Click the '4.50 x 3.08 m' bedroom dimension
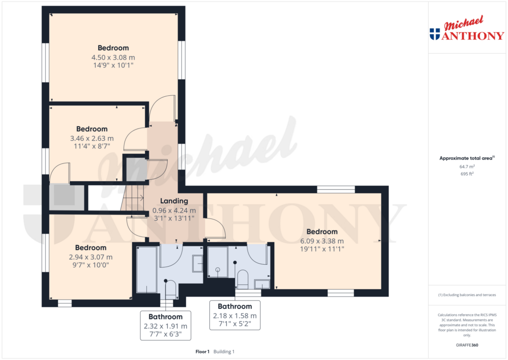point(113,58)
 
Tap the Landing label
point(174,201)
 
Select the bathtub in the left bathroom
point(147,270)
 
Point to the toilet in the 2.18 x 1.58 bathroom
point(243,280)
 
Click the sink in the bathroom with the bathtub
point(197,264)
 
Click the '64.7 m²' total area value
point(467,166)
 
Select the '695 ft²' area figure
point(467,174)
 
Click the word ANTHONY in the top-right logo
point(473,35)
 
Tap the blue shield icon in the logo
point(435,34)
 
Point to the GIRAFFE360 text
point(467,345)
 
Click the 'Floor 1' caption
point(202,352)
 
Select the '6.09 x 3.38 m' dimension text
point(321,241)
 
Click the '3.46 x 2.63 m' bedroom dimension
point(92,139)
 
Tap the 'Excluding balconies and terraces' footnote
point(467,295)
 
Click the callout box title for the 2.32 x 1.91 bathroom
point(165,317)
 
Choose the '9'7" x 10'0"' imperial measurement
point(90,265)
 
